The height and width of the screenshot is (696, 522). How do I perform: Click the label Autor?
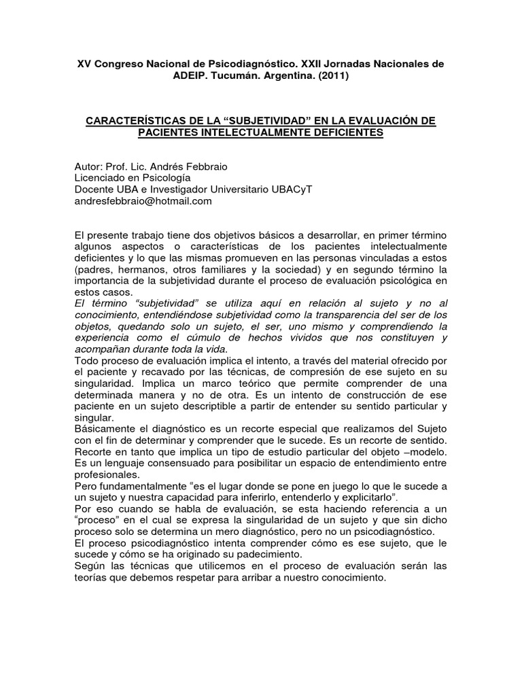[x=90, y=167]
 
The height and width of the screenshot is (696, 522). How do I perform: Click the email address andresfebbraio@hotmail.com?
[x=143, y=201]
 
